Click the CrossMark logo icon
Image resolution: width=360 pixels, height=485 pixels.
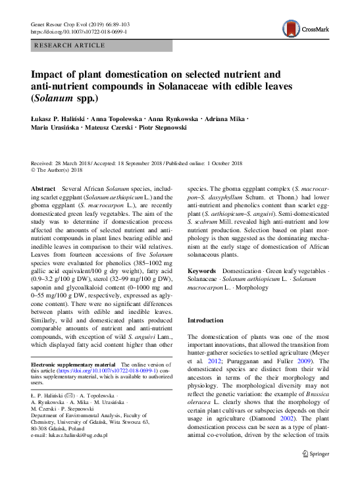point(291,28)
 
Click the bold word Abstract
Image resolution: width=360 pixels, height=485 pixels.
point(44,189)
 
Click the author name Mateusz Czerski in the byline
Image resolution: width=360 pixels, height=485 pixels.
point(108,127)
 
